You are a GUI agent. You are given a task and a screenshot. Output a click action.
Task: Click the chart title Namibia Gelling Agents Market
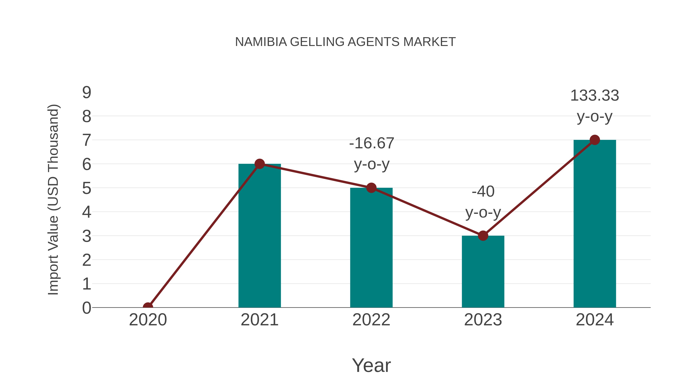[345, 42]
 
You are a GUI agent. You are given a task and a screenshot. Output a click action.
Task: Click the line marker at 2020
[148, 307]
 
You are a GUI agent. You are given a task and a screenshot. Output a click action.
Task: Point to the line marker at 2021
[259, 164]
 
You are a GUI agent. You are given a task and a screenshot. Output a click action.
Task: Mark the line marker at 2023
[483, 236]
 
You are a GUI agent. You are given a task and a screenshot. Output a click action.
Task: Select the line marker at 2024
[595, 140]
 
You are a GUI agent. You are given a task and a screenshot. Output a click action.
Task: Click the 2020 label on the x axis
[148, 320]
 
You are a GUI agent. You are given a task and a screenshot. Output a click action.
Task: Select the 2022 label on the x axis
[371, 320]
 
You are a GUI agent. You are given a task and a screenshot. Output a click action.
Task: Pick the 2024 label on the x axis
[595, 320]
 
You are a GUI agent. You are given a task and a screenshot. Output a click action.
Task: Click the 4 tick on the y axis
[87, 212]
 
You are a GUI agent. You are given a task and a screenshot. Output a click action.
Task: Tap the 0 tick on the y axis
[87, 308]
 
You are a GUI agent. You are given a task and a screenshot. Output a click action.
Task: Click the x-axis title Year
[371, 365]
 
